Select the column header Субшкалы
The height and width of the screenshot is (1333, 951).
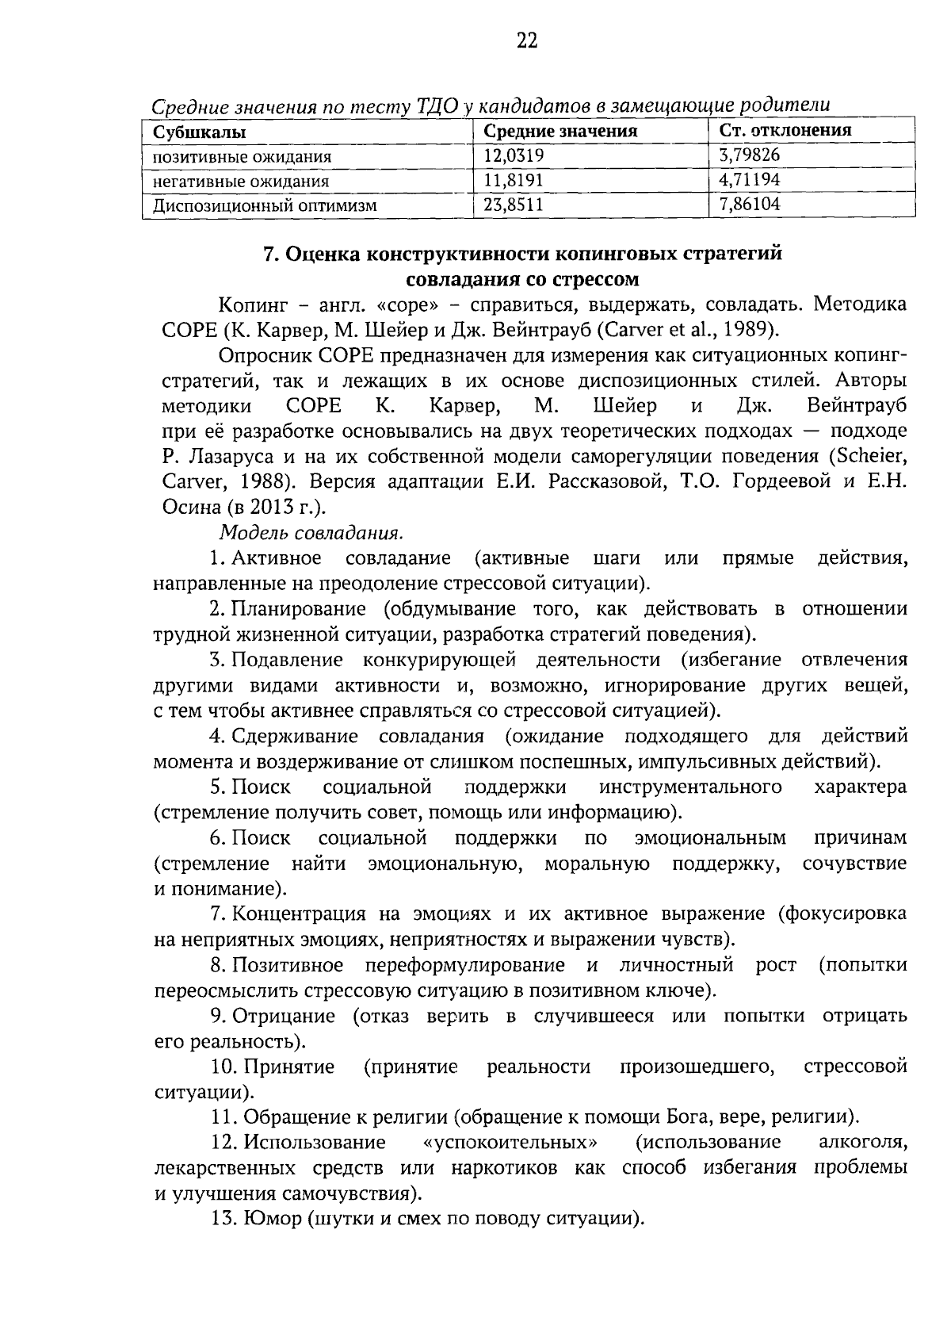pyautogui.click(x=199, y=132)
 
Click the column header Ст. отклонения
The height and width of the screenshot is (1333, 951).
pyautogui.click(x=785, y=131)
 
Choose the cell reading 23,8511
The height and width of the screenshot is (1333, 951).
pyautogui.click(x=514, y=205)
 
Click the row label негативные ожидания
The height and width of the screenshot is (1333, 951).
pyautogui.click(x=241, y=182)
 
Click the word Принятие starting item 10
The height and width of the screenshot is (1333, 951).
pyautogui.click(x=288, y=1067)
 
